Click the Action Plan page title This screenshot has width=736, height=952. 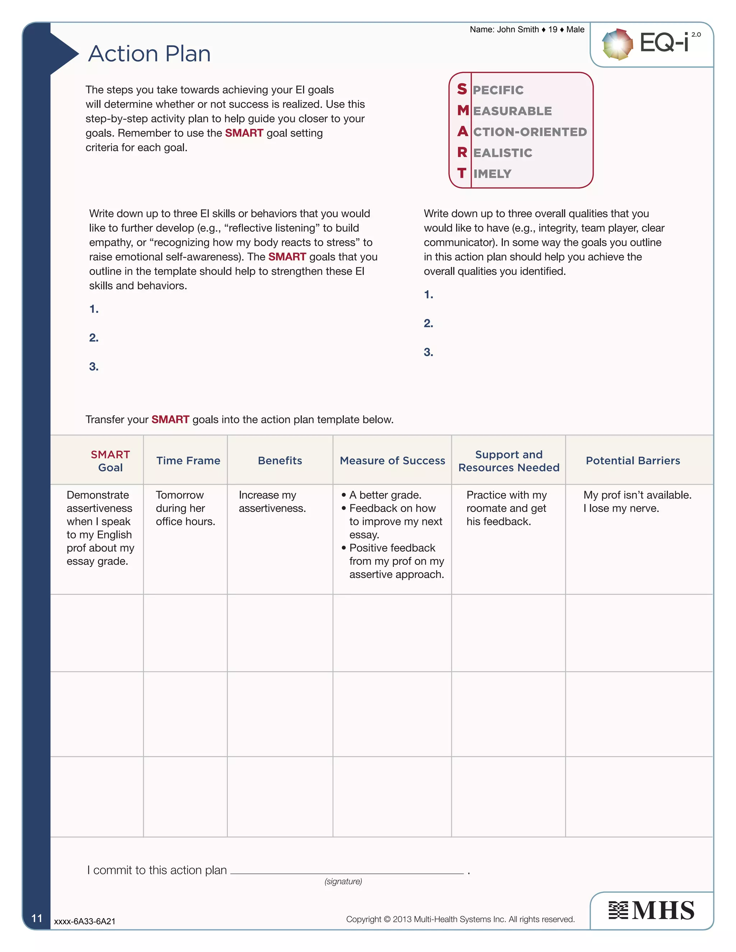click(149, 54)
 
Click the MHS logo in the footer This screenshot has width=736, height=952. click(652, 910)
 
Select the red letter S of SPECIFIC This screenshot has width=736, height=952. click(462, 89)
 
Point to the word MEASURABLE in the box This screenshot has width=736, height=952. click(512, 111)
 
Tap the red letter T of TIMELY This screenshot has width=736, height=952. click(462, 173)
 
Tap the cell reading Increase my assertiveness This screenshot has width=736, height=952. click(272, 502)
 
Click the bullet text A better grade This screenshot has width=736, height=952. click(385, 495)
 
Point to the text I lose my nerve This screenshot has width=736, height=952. click(621, 508)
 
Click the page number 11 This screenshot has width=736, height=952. click(37, 919)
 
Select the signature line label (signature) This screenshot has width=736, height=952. click(343, 881)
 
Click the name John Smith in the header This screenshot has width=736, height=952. click(517, 30)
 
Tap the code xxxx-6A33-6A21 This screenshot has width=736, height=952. click(84, 921)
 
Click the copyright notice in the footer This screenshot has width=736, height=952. click(460, 919)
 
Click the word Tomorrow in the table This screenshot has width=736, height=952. click(180, 495)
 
